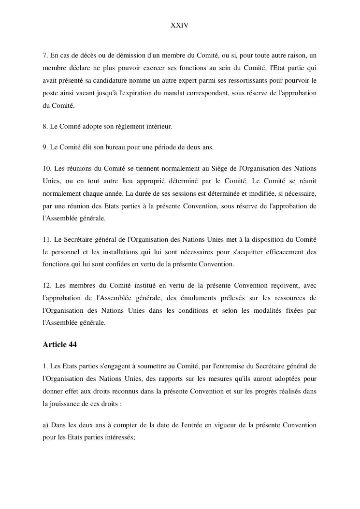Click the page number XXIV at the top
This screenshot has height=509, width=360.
click(x=179, y=25)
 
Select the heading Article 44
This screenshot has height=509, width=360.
click(x=59, y=345)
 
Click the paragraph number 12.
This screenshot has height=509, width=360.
click(x=47, y=285)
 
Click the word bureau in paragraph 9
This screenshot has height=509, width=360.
click(x=111, y=147)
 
